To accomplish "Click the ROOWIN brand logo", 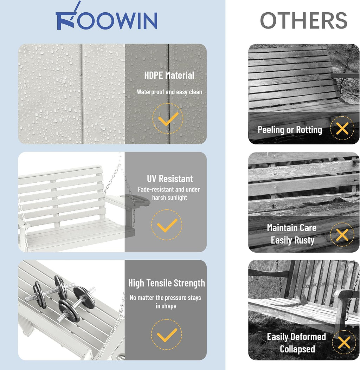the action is click(x=106, y=16).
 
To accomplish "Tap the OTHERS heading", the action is click(x=304, y=20).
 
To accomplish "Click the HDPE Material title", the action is click(x=169, y=76).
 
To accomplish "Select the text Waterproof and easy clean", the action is click(x=169, y=92).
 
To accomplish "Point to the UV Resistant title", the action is click(x=170, y=178).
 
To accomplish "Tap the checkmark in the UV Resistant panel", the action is click(x=167, y=225).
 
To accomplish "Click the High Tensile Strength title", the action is click(x=166, y=283).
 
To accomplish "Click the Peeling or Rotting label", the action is click(x=290, y=130).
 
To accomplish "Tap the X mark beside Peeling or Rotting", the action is click(x=342, y=129).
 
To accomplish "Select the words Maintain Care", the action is click(x=291, y=228).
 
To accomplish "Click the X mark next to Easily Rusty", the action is click(x=342, y=235).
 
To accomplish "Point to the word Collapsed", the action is click(x=297, y=349).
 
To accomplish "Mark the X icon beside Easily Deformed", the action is click(x=344, y=343).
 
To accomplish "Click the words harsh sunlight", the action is click(x=169, y=197).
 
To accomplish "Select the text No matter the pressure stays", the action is click(x=165, y=298).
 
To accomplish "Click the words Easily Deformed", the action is click(x=296, y=337).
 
